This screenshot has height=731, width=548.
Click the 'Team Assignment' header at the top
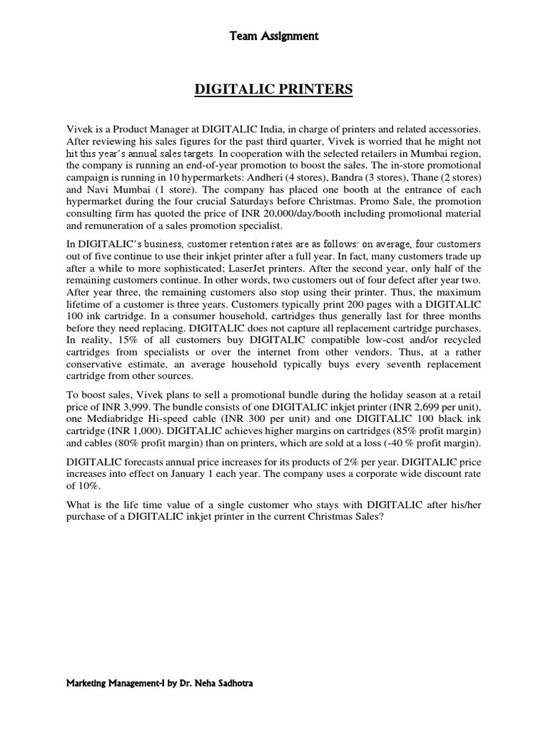coord(273,35)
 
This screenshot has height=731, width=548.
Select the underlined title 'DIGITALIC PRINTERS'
coord(273,89)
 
